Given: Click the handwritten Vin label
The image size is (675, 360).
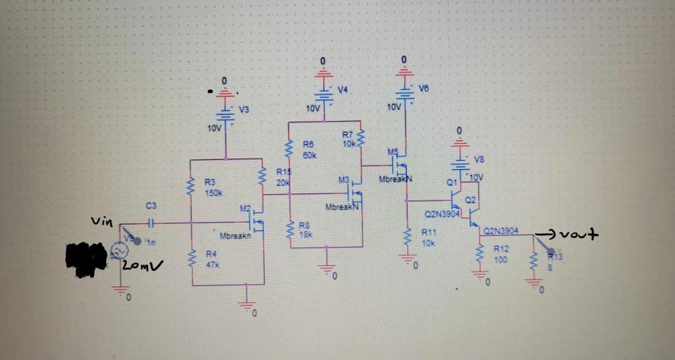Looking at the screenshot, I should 102,222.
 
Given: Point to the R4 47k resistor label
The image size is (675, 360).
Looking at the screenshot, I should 211,259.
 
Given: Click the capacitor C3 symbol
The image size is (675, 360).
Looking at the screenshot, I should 151,223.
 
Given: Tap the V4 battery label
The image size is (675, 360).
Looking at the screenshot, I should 343,90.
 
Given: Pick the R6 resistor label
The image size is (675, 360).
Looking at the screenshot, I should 309,149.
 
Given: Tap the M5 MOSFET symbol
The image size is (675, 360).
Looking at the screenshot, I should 401,165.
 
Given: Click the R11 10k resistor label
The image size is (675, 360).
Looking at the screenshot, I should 427,239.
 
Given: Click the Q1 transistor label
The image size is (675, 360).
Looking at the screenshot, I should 451,183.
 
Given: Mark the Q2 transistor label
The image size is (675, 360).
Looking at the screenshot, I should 471,200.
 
